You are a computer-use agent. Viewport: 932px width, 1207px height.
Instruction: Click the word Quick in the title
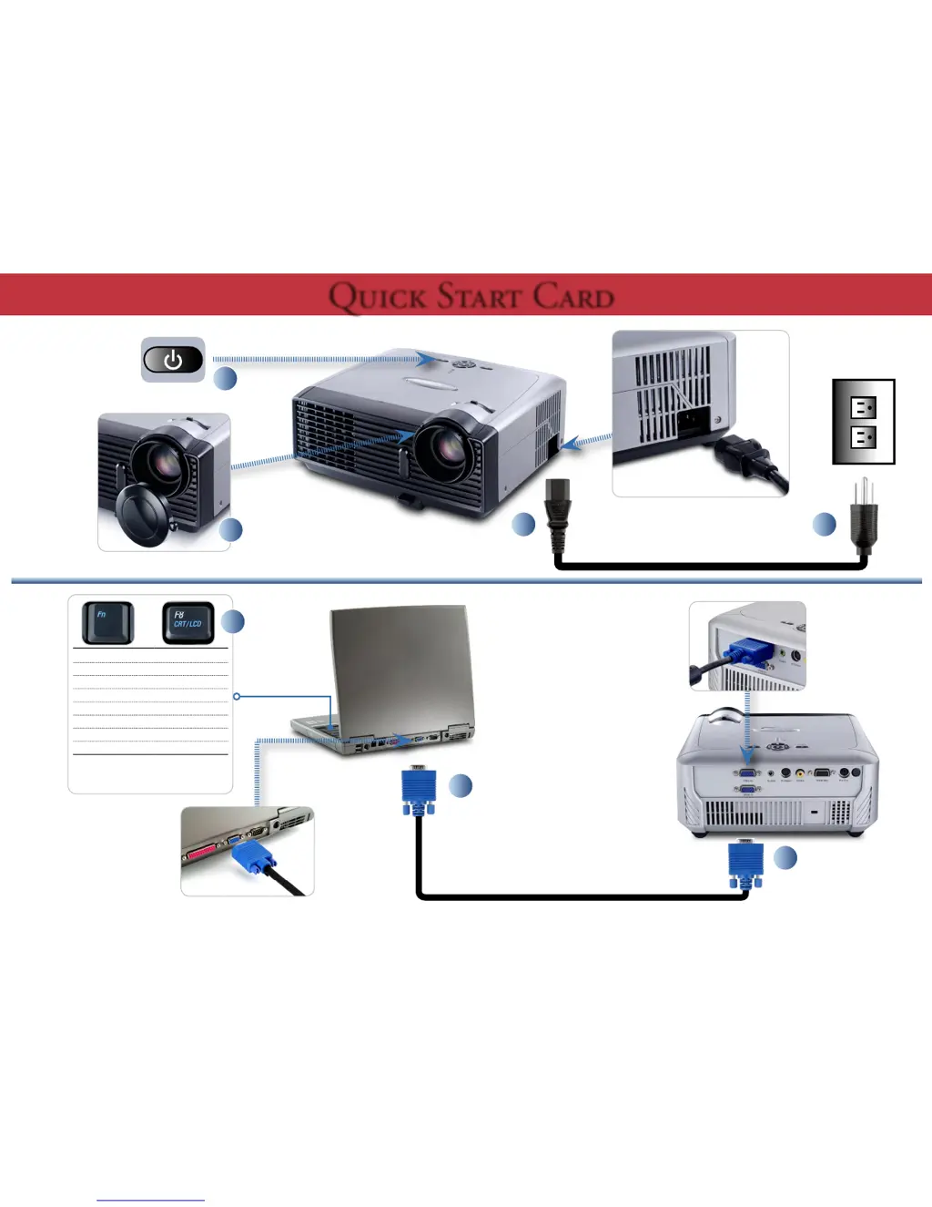coord(377,297)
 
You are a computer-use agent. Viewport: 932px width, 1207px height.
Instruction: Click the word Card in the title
coord(572,297)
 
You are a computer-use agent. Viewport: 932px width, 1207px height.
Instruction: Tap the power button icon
coord(173,360)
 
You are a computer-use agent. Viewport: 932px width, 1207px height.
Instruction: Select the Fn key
coord(107,623)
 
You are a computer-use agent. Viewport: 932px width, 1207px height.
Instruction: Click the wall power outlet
coord(863,422)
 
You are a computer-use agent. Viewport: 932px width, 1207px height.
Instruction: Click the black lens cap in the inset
coord(146,515)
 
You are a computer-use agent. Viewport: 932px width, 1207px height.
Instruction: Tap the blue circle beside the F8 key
coord(233,621)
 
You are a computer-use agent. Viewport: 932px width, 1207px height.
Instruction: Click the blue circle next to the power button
coord(225,378)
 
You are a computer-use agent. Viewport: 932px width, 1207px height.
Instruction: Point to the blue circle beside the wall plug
coord(824,524)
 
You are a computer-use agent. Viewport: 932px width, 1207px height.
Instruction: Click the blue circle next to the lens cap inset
coord(231,529)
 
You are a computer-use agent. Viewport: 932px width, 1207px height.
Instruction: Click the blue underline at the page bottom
coord(150,1200)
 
